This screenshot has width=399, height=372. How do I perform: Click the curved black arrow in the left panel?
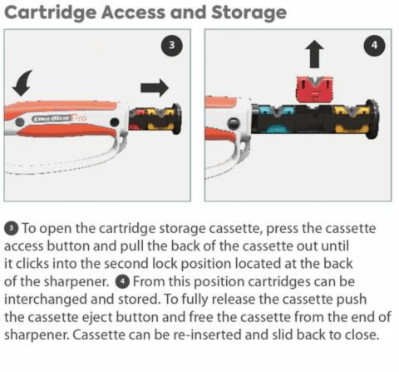pos(22,82)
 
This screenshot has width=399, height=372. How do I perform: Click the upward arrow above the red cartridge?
pos(314,56)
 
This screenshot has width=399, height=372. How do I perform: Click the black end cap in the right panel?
pos(373,119)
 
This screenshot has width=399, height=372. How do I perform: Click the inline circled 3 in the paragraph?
pos(11,228)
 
